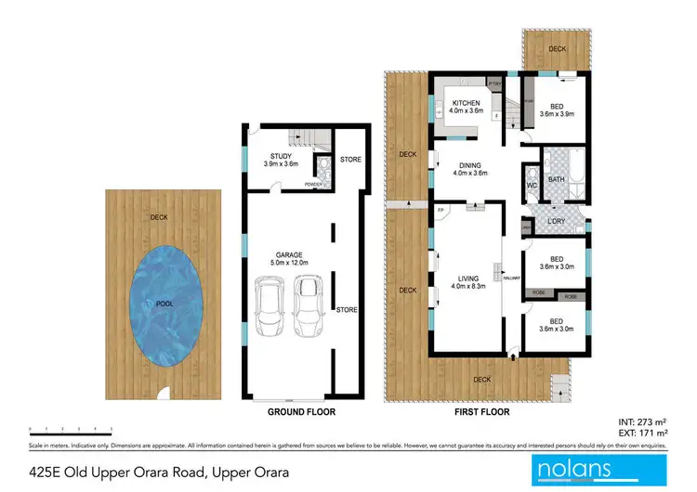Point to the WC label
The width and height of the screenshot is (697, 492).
tap(531, 185)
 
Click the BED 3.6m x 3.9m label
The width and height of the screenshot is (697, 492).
tap(557, 110)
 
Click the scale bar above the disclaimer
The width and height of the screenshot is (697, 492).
tap(71, 430)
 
